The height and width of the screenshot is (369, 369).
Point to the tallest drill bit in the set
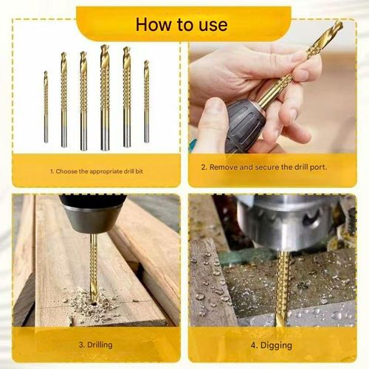click(x=105, y=96)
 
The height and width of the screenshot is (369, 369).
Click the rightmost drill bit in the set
click(x=146, y=101)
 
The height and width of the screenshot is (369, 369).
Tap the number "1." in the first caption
click(x=52, y=171)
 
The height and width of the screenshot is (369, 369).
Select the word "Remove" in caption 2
click(x=224, y=167)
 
